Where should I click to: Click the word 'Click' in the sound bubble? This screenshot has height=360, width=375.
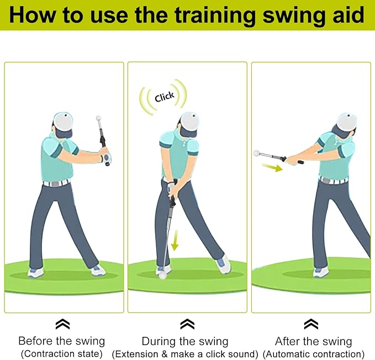click(165, 97)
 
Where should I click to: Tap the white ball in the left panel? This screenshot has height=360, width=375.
click(99, 118)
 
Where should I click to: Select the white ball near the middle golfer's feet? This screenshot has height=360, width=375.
click(163, 277)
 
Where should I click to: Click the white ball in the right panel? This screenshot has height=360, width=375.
click(256, 153)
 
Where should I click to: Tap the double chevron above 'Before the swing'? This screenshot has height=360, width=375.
click(62, 324)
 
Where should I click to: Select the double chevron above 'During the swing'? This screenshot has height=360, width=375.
click(187, 324)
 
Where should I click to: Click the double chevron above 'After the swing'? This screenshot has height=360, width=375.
click(311, 324)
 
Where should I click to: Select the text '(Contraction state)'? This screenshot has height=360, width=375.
click(61, 353)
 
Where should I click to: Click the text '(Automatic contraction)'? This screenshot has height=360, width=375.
click(313, 353)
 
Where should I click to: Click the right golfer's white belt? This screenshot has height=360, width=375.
click(334, 180)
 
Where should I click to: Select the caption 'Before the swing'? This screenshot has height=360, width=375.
click(61, 341)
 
